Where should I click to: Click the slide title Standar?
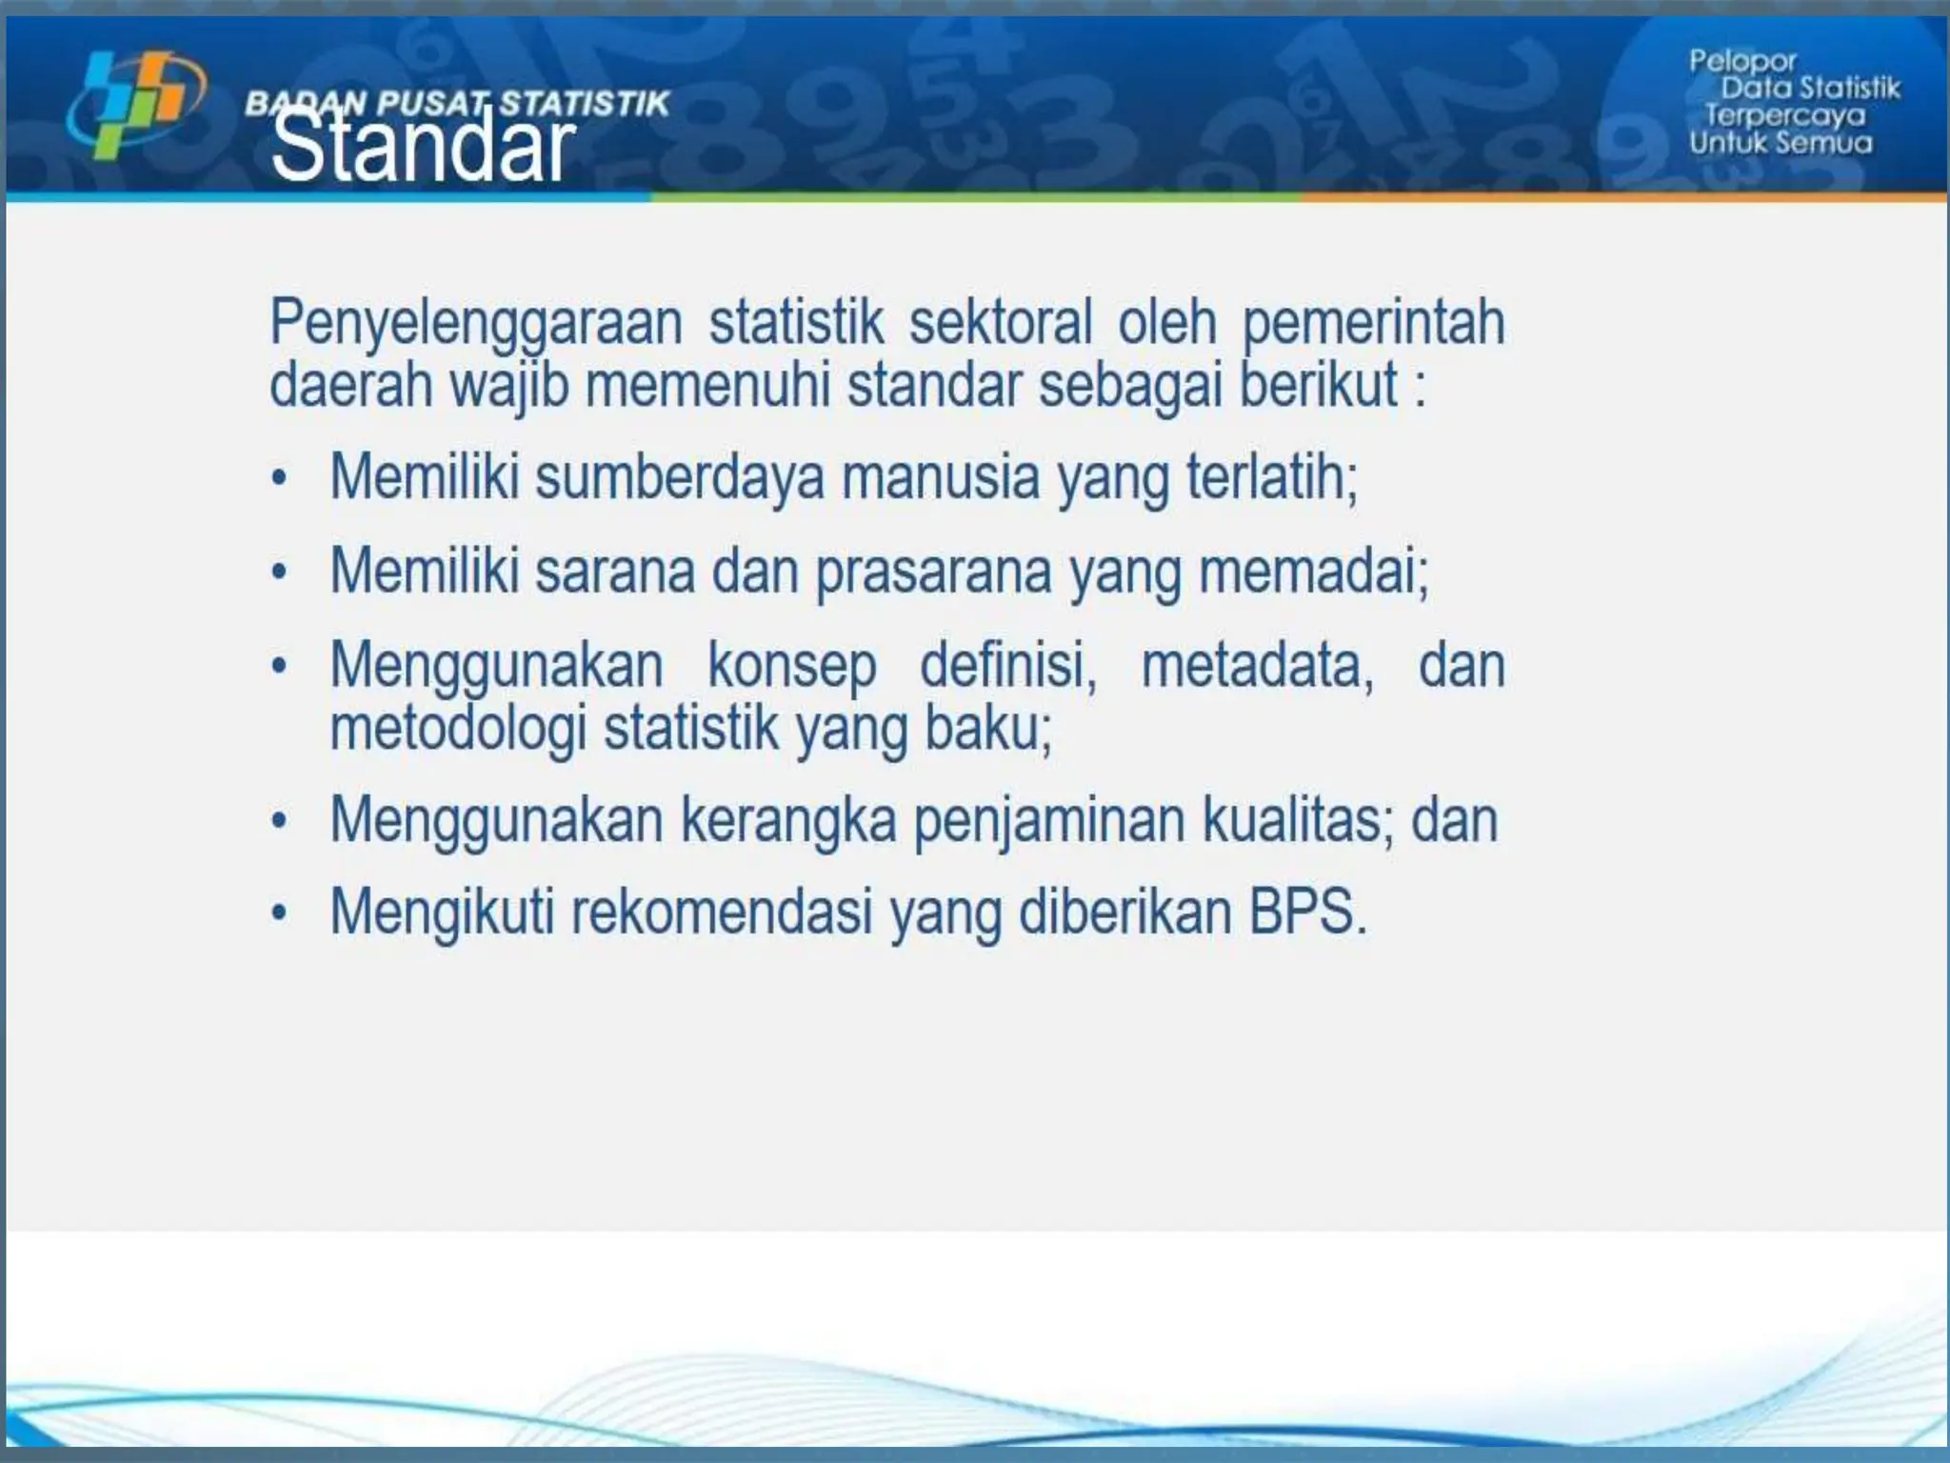pos(423,148)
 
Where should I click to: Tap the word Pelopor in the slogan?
pos(1741,62)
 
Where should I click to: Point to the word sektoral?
pos(1000,322)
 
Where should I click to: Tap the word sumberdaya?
pos(680,476)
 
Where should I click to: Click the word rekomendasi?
pos(722,912)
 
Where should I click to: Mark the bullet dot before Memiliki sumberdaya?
pos(279,477)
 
